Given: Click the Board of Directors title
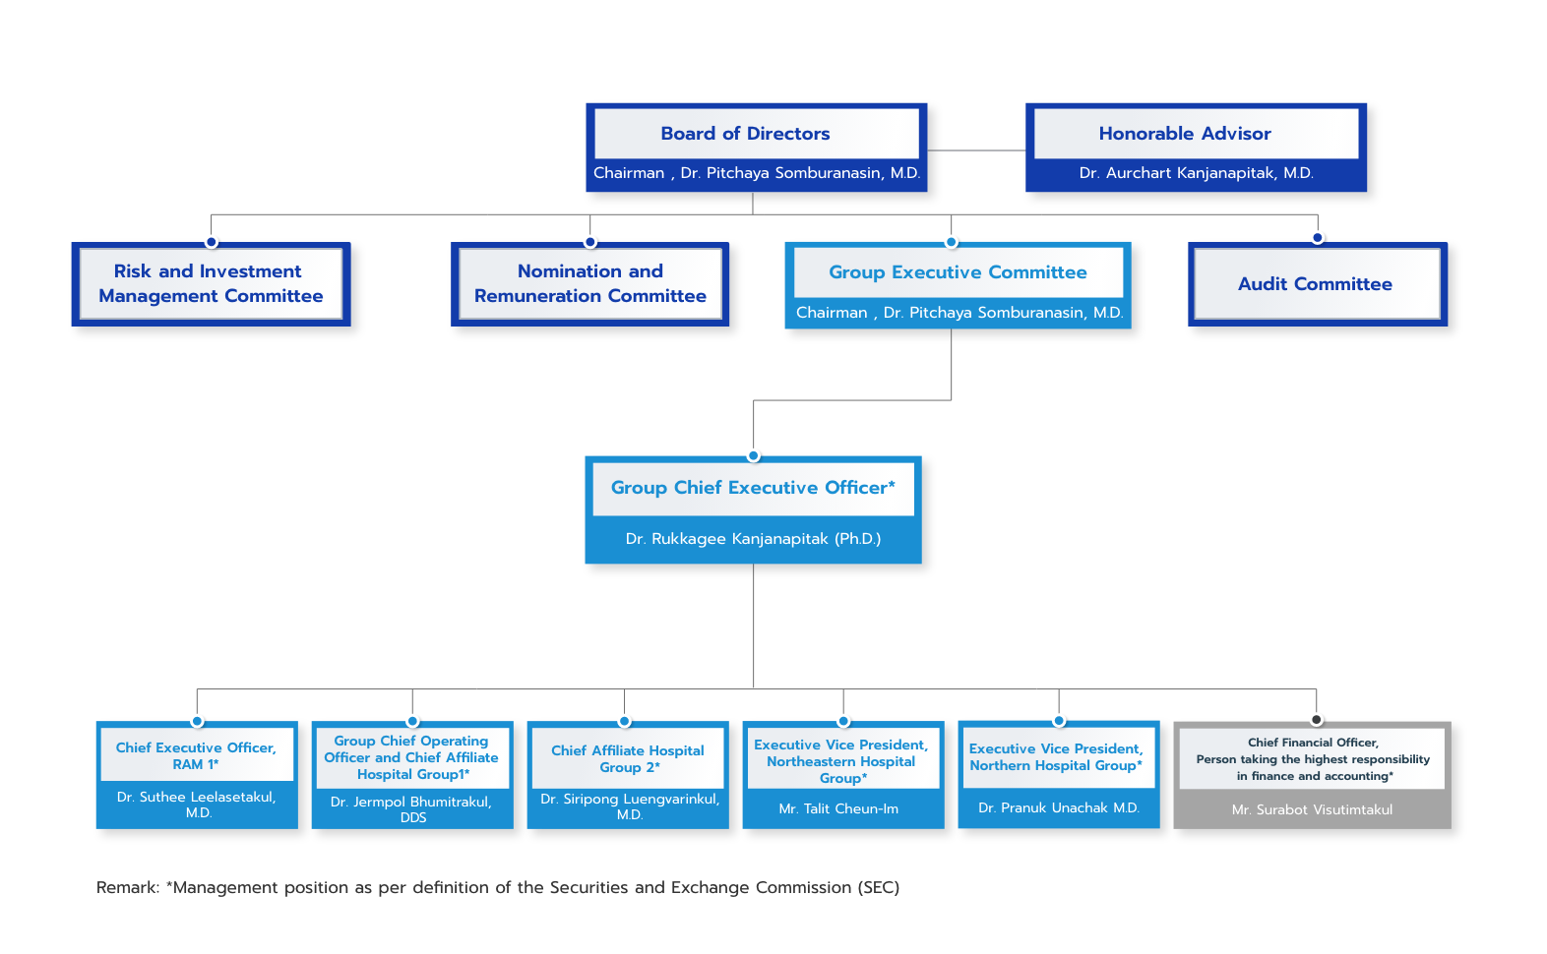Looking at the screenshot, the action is [745, 133].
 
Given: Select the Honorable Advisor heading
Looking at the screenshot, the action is [1185, 133].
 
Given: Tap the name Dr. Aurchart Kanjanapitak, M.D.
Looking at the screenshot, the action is [1196, 172].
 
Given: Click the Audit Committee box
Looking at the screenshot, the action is [1318, 283].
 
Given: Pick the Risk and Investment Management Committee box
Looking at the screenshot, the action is [212, 283].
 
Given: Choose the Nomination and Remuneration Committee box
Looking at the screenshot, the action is [589, 283].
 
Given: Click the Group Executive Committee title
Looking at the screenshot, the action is [958, 272].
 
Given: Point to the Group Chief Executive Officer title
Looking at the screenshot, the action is [753, 488].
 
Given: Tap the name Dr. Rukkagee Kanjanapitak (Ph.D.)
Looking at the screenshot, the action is [753, 538].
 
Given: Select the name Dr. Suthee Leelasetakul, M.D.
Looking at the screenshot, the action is [197, 805].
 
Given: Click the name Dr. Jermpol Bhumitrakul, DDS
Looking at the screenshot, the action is [411, 809].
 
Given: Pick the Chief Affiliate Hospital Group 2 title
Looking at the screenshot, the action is [627, 758].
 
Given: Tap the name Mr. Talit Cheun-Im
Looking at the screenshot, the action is [838, 808].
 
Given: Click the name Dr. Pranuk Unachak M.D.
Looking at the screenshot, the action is [1059, 807].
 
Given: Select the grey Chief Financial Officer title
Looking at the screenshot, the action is [1313, 759].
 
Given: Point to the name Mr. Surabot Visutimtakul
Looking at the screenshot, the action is [1312, 809].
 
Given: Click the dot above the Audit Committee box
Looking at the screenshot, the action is [1318, 238].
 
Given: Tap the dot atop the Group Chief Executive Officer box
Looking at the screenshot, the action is [754, 456].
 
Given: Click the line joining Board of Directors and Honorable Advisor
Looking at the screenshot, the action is [976, 149].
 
